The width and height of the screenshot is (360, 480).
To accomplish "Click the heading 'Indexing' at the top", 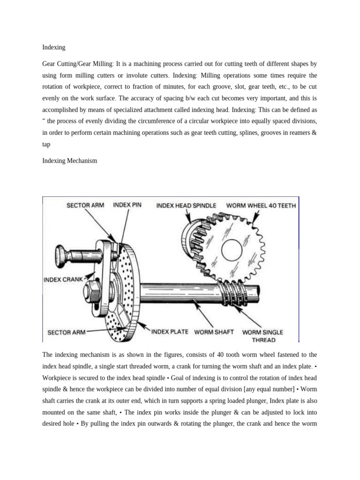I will click(x=53, y=47).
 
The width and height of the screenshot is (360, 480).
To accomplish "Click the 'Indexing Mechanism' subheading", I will click(x=69, y=160).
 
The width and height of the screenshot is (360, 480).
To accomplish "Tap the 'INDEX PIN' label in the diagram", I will click(x=127, y=205).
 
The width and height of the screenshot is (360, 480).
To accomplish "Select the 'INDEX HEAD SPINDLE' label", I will click(x=186, y=205).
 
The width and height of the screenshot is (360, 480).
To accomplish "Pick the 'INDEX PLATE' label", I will click(x=170, y=332).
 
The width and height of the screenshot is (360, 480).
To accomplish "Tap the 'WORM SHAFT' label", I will click(x=214, y=332).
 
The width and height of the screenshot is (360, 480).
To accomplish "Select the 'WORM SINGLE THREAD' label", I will click(x=262, y=336).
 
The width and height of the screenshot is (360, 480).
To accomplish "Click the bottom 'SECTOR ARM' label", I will click(x=67, y=332).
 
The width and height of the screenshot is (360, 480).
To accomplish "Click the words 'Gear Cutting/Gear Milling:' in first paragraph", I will click(x=77, y=63).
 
